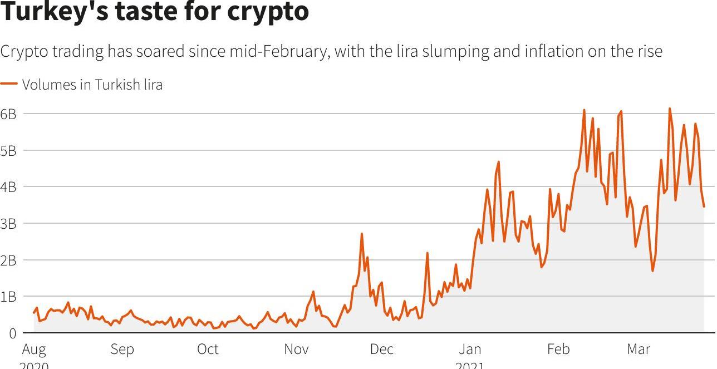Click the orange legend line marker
click(x=9, y=84)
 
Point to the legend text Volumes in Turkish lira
click(x=92, y=85)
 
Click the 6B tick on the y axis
click(x=8, y=114)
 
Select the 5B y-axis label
click(x=8, y=151)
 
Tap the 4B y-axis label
click(x=8, y=187)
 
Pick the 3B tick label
click(x=8, y=224)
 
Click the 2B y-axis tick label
click(x=8, y=260)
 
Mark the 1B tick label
click(x=8, y=297)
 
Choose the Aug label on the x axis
click(x=34, y=350)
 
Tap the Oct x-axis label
click(x=208, y=350)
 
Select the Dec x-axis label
click(x=382, y=350)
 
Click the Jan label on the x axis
click(x=470, y=350)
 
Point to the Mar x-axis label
click(x=638, y=350)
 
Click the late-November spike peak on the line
click(x=362, y=234)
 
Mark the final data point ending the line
click(x=704, y=206)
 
